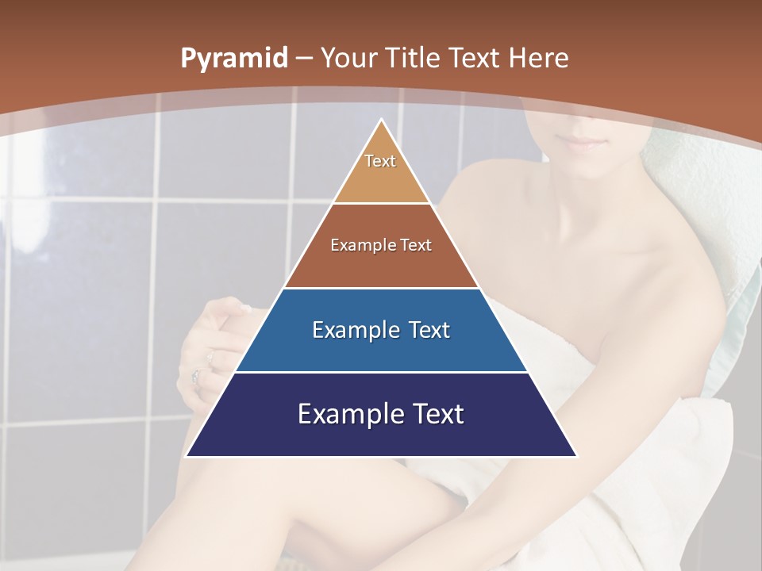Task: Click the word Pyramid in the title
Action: pos(233,59)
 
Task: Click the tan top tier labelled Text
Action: pos(380,171)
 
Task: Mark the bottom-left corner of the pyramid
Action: pos(187,456)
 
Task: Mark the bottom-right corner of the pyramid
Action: pos(575,456)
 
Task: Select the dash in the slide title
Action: pos(306,59)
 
